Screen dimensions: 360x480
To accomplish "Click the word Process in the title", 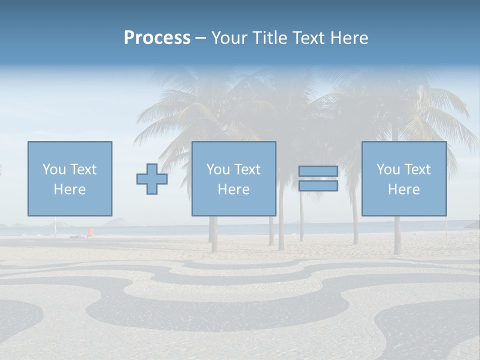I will [157, 38].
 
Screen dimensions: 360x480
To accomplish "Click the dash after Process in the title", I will [201, 38].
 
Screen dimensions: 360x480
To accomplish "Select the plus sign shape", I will [152, 179].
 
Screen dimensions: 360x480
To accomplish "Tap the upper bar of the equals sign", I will [318, 171].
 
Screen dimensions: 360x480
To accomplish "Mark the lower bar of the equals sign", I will [318, 186].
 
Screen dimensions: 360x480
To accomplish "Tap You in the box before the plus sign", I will [54, 169].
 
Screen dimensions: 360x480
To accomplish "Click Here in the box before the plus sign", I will [70, 189].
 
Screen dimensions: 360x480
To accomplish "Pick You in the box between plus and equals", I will [218, 169].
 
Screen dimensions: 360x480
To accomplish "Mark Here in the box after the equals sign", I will [404, 189].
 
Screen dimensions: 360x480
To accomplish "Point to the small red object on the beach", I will [90, 231].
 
